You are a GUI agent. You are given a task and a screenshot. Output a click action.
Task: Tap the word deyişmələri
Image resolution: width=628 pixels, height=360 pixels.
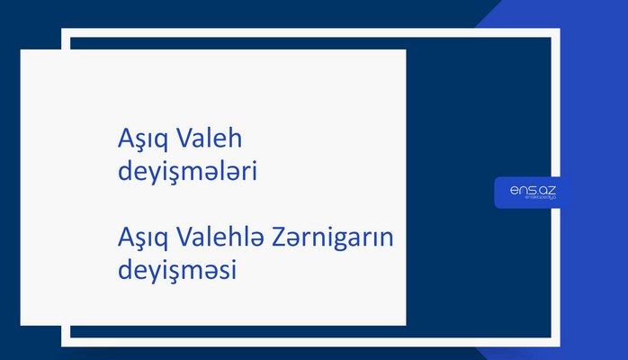point(187,171)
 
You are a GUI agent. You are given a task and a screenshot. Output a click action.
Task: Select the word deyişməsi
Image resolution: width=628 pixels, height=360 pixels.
point(176,270)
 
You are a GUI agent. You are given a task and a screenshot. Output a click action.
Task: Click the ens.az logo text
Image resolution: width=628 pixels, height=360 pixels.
point(533,189)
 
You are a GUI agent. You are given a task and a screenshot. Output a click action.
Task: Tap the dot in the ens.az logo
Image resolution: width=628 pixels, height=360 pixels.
point(534,192)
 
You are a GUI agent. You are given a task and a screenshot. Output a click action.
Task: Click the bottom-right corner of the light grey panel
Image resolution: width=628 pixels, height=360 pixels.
point(405,325)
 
